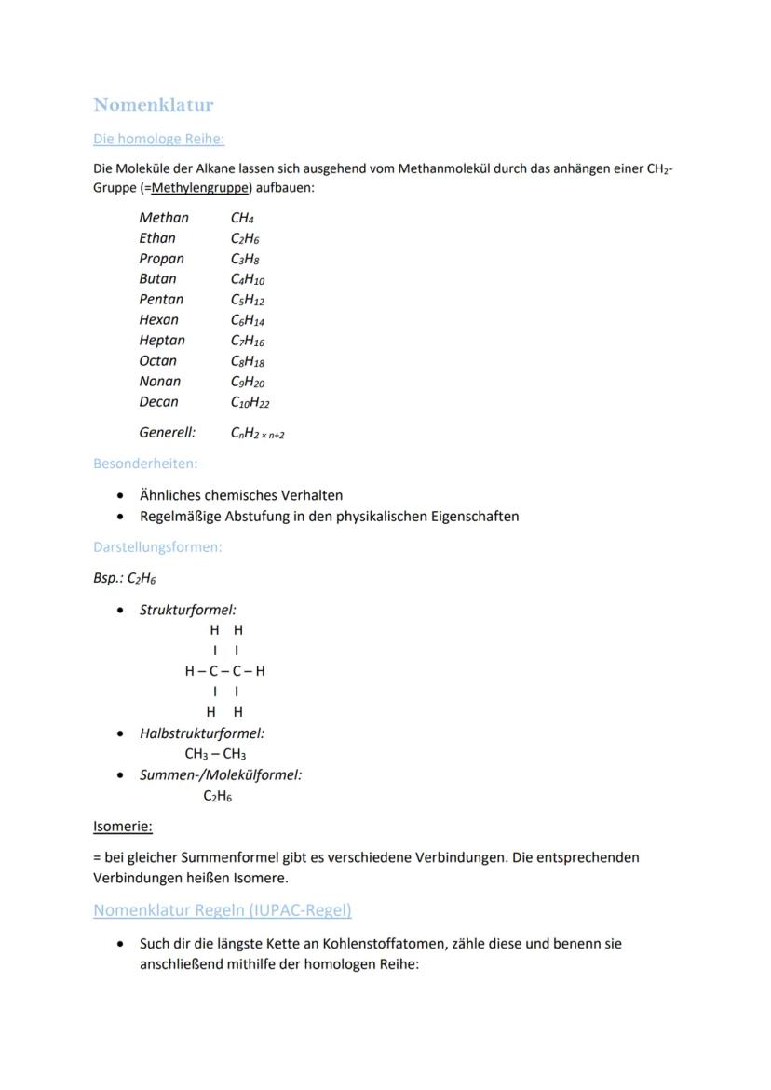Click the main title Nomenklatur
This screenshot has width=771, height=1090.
tap(154, 104)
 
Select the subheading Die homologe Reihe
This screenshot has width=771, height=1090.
tap(158, 139)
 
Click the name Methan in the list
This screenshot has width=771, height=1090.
tap(164, 217)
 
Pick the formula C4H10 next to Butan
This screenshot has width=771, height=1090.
tap(248, 279)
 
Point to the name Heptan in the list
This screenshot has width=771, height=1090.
tap(162, 340)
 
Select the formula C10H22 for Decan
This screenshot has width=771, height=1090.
tap(250, 402)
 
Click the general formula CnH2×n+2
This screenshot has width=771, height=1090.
tap(257, 433)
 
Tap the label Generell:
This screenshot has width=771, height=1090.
tap(168, 432)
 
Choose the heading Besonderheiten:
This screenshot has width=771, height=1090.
tap(145, 463)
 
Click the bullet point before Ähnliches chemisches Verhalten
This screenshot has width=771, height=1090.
tap(120, 495)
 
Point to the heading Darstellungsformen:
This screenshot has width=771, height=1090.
tap(157, 546)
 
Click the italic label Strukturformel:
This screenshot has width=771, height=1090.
tap(187, 610)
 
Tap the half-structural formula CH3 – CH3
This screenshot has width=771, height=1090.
tap(215, 754)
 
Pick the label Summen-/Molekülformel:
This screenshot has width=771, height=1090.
tap(221, 774)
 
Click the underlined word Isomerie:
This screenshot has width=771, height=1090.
tap(123, 826)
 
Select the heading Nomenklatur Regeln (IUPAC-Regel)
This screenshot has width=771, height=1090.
tap(222, 909)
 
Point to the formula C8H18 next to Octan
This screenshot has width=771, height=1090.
tap(248, 361)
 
